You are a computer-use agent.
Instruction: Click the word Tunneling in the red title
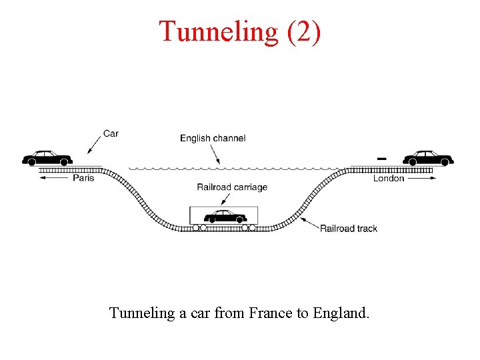coord(217,32)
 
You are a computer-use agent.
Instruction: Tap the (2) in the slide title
coord(303,32)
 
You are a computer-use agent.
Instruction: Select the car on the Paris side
coord(47,158)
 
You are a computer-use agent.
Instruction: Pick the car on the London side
coord(429,158)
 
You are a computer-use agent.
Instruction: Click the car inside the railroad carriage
coord(225,216)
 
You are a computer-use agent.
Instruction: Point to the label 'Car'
coord(111,133)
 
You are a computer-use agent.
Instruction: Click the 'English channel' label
coord(213,138)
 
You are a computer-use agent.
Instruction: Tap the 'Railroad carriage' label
coord(232,187)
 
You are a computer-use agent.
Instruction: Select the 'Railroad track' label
coord(349,228)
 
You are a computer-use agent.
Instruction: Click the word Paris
coord(83,178)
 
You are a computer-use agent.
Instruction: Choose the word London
coord(389,178)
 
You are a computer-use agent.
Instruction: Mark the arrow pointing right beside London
coord(421,178)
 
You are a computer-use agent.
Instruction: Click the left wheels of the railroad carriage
coord(199,227)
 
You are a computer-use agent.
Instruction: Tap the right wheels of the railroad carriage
coord(249,227)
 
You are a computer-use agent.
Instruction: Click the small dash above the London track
coord(381,159)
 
